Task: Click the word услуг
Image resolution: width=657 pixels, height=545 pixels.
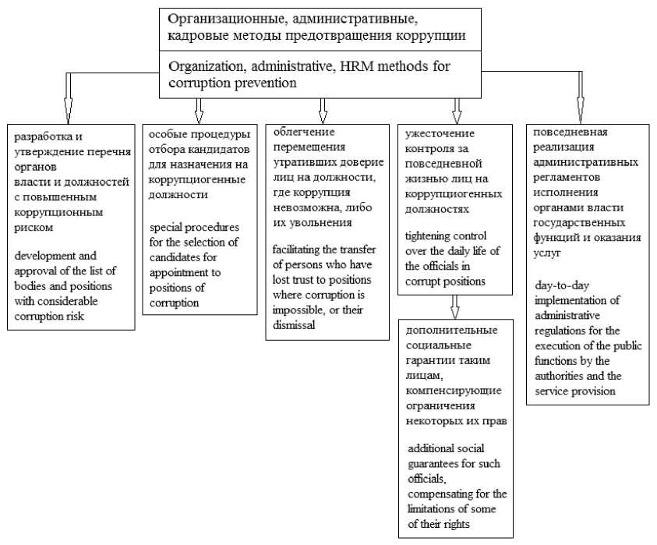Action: tap(546, 254)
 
